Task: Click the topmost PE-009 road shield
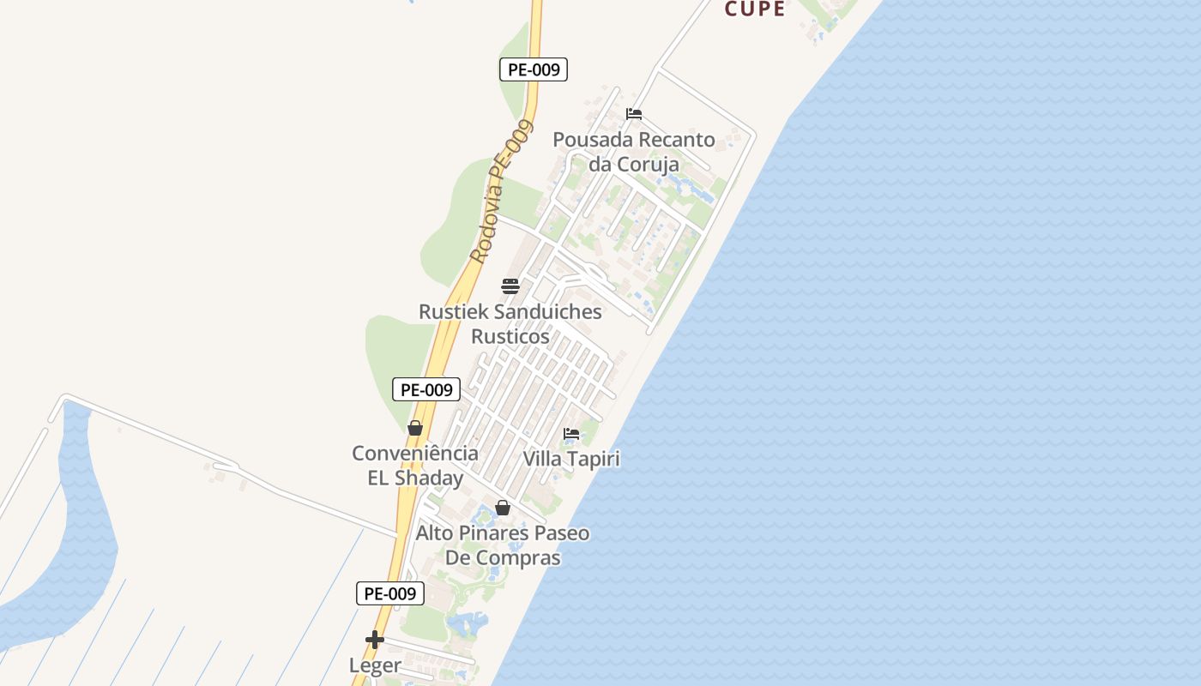pos(534,69)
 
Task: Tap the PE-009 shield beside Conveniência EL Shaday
pos(426,389)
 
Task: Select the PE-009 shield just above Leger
pos(390,593)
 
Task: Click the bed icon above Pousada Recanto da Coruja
pos(634,113)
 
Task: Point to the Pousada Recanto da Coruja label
pos(634,152)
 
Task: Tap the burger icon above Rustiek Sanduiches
pos(510,286)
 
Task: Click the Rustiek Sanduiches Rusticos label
pos(510,324)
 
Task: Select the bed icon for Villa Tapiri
pos(571,434)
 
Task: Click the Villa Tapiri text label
pos(571,459)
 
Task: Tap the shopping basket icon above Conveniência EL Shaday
pos(415,428)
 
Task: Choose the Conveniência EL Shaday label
pos(415,466)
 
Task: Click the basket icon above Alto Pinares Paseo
pos(503,508)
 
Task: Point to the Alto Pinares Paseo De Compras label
pos(503,545)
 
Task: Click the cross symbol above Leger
pos(375,640)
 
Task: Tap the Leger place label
pos(375,665)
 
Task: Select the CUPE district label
pos(755,9)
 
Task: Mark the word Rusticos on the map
pos(510,336)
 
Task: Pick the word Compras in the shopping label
pos(518,557)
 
